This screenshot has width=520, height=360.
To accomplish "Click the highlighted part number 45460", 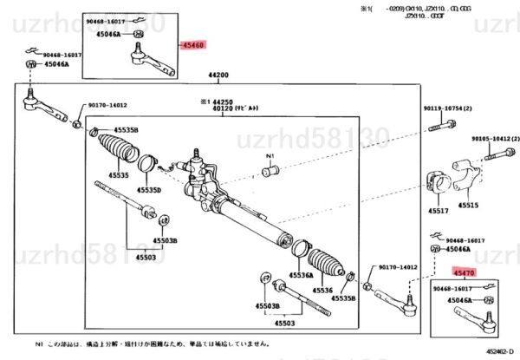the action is click(192, 43).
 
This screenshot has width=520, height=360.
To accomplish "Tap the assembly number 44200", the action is click(218, 75).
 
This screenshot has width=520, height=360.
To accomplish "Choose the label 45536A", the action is click(301, 275).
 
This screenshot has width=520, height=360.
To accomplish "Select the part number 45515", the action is click(468, 205).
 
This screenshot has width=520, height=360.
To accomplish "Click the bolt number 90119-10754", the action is click(448, 108).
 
